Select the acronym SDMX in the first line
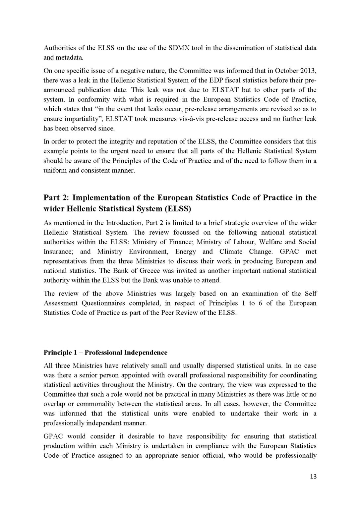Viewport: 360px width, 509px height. click(179, 47)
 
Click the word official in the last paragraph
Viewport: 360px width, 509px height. click(225, 455)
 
